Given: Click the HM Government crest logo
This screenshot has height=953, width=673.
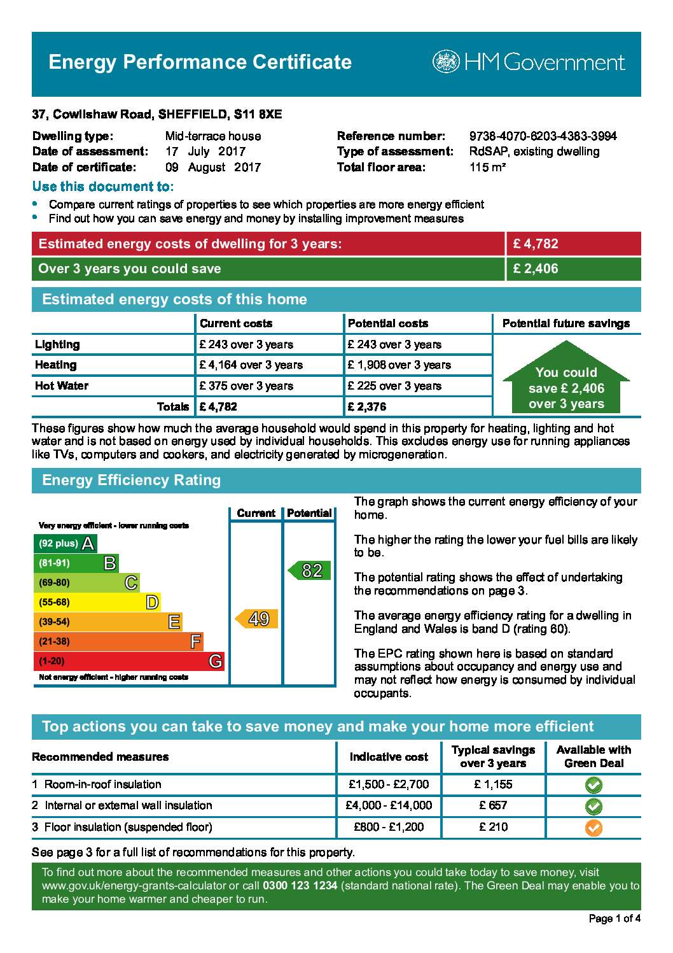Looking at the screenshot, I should point(446,62).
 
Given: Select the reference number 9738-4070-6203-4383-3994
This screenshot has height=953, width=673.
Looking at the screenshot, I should point(543,136).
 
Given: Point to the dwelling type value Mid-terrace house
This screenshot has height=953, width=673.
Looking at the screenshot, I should point(212,136).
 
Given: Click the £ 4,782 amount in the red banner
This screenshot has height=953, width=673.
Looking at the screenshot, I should point(536,244).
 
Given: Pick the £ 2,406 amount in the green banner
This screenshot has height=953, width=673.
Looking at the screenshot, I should point(536,269).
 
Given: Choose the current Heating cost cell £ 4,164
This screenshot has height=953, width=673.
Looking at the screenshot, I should point(251,365).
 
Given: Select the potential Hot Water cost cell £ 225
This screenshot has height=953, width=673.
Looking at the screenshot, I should point(394,386).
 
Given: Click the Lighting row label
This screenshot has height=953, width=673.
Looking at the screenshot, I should point(57,344).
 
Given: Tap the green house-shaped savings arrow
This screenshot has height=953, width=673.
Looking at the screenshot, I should point(566,379).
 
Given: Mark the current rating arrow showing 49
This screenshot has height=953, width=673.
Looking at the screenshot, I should point(257,619).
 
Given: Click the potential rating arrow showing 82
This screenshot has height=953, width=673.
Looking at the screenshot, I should point(310,570).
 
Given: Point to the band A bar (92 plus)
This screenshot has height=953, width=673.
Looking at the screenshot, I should point(65,544).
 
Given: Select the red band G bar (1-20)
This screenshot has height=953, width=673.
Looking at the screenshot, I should point(128,661).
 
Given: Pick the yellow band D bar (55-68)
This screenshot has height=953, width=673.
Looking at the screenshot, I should point(97,602).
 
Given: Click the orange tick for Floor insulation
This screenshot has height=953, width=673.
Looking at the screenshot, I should point(593,828).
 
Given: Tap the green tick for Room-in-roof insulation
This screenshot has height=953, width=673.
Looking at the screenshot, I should point(593,785).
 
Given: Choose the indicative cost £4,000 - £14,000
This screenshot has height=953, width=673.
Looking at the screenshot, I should point(389,805).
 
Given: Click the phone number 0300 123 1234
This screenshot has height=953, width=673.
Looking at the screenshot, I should point(300,886).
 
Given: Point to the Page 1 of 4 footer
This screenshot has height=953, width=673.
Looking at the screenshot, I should point(614,918).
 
